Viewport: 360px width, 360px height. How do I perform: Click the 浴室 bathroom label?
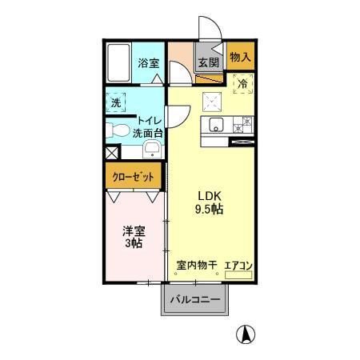147,62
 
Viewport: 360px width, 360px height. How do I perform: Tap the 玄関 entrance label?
210,63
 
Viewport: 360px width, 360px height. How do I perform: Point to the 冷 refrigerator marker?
242,82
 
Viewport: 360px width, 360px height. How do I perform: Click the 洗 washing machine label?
116,102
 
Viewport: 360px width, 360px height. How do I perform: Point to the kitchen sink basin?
215,124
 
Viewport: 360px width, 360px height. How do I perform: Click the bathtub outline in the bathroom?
118,63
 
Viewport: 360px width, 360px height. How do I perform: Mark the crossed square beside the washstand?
111,151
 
